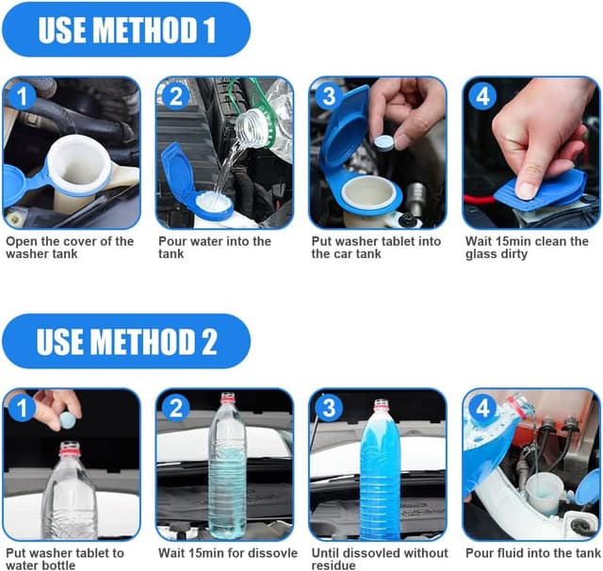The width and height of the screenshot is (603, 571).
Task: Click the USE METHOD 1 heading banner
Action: pos(126,29)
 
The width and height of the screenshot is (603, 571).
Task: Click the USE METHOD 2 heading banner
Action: pos(126,340)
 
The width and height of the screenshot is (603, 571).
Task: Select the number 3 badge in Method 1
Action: pos(328,95)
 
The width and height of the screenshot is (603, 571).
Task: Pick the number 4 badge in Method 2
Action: pos(481,408)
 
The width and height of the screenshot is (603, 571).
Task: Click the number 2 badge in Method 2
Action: pos(175,408)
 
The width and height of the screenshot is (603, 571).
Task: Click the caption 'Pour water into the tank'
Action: pos(214,248)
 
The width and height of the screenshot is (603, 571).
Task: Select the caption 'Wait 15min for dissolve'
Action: pos(227,553)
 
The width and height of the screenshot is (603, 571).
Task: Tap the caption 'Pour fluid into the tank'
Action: pos(532,553)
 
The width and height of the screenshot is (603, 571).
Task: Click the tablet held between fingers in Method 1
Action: pos(383,141)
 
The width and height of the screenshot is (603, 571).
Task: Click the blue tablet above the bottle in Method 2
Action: pos(66,416)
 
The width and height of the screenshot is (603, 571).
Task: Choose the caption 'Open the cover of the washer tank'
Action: pos(70,248)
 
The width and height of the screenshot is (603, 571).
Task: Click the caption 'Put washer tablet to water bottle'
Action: pos(64,559)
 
